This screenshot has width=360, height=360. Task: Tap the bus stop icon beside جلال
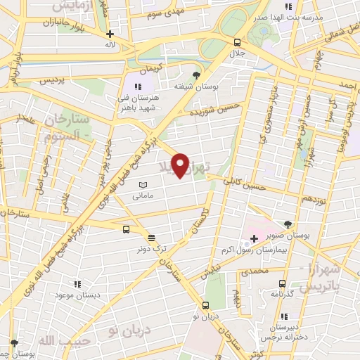(237, 41)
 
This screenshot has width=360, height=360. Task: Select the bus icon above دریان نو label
(205, 305)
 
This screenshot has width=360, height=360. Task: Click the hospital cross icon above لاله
(110, 34)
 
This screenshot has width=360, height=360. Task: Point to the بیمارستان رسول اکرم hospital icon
(254, 239)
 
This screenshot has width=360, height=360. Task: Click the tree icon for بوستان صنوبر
(287, 224)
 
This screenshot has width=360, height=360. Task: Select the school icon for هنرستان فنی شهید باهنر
(147, 86)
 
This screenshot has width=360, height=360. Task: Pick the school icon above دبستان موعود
(77, 284)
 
